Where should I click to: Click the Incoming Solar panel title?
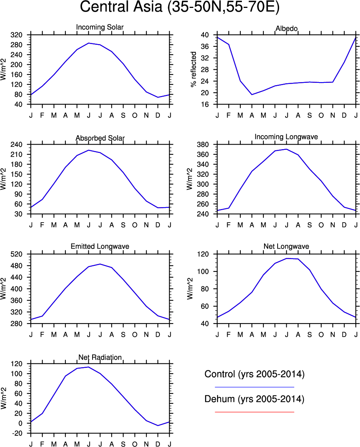coord(100,27)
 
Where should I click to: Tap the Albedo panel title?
coord(286,29)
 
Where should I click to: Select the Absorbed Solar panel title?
coord(100,138)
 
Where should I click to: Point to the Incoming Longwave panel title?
coord(286,137)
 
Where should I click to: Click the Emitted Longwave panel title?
coord(100,246)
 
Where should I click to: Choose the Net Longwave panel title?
coord(286,246)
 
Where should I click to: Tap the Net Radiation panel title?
coord(100,357)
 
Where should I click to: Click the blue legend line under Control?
coord(254,387)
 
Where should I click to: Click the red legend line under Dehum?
coord(254,412)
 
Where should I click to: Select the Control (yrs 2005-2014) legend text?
coord(254,374)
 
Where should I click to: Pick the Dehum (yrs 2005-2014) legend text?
coord(254,399)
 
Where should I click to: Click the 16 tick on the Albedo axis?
coord(205,104)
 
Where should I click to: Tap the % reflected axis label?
coord(194,70)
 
